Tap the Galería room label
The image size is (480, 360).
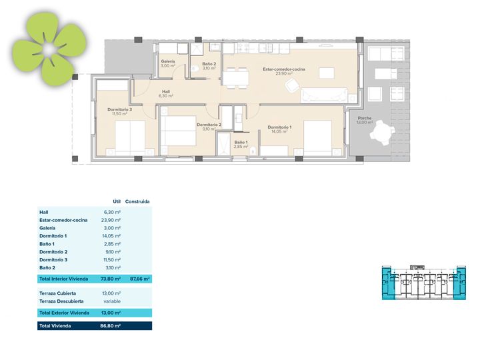click(x=168, y=61)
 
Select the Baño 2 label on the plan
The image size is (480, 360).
click(x=209, y=64)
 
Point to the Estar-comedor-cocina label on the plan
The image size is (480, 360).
click(x=284, y=69)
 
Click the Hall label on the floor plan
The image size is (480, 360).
click(x=166, y=91)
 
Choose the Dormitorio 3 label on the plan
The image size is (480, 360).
click(x=120, y=109)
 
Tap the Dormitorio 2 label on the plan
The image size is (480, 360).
click(x=209, y=125)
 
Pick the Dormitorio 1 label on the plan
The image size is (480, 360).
click(x=279, y=127)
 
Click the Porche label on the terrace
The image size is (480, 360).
click(x=364, y=118)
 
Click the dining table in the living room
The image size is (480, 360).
click(x=235, y=78)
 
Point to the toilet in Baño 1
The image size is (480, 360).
click(x=253, y=151)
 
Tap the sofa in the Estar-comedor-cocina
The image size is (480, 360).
click(x=324, y=95)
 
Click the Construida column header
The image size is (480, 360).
click(x=137, y=201)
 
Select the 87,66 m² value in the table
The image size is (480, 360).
click(x=140, y=279)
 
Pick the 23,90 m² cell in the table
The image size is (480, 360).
click(x=111, y=220)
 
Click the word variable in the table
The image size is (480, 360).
click(x=112, y=301)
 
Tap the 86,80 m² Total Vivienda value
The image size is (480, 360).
click(x=110, y=326)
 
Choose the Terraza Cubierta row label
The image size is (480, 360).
click(x=57, y=293)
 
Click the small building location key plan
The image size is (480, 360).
click(x=424, y=282)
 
